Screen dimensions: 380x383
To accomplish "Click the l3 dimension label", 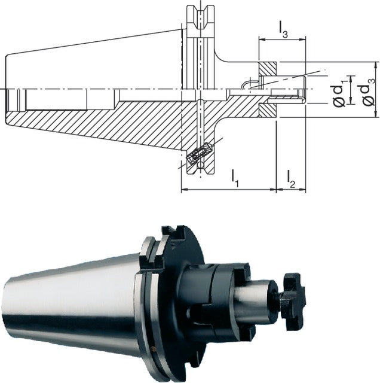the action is tap(283, 30).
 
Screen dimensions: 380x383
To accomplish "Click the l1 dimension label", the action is tap(235, 178).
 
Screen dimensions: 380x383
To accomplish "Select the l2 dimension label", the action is tap(291, 179).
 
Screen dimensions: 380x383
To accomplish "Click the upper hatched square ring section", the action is tap(268, 69).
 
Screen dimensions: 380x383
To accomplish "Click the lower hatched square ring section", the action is tap(268, 110).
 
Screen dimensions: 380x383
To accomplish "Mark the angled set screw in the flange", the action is tap(200, 152).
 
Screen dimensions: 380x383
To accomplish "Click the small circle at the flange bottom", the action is tap(201, 165).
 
